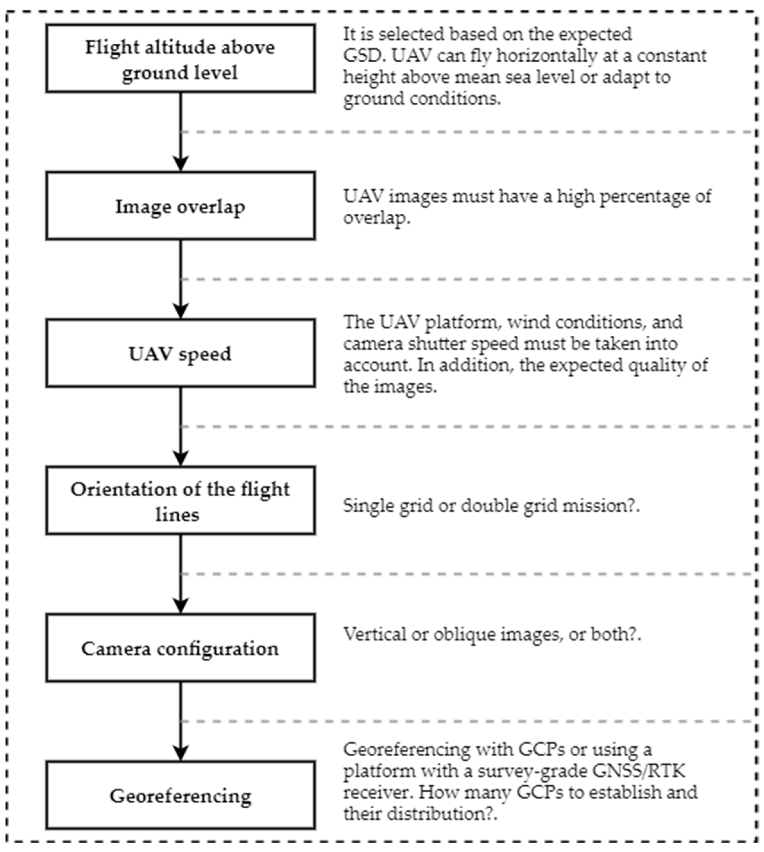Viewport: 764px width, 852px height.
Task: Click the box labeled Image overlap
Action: [x=181, y=206]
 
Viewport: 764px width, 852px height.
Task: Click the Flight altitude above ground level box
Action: [x=181, y=58]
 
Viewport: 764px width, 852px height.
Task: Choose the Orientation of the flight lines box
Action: [x=181, y=501]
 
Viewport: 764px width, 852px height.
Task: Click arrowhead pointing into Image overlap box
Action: [x=181, y=164]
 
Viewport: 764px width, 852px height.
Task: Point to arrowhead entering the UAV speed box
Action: [x=181, y=311]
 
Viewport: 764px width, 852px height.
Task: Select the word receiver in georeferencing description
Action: [x=378, y=792]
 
